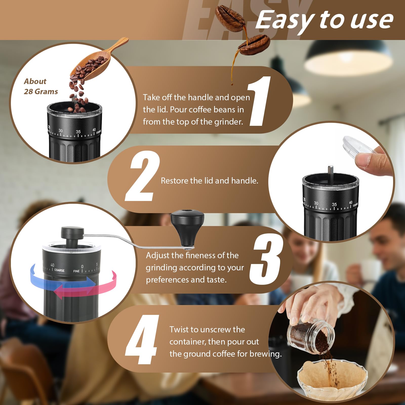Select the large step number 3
(266, 259)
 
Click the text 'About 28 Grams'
(40, 86)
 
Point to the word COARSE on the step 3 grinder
(59, 270)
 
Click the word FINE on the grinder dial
(76, 271)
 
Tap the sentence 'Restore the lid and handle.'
(209, 181)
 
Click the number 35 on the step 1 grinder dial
(78, 132)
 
